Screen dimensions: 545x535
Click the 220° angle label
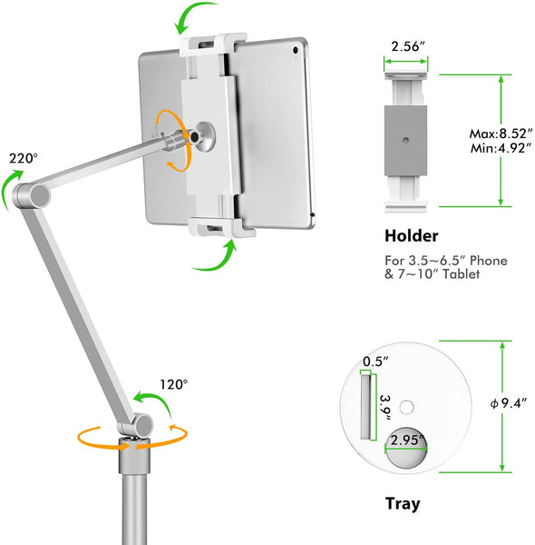(23, 158)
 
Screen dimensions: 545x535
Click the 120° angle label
(173, 384)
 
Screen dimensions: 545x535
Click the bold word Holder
(412, 236)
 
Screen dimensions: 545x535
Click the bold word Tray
(403, 502)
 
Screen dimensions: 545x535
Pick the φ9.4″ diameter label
(505, 401)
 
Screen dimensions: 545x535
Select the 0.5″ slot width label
(374, 362)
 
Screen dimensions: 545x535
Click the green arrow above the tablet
(201, 19)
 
